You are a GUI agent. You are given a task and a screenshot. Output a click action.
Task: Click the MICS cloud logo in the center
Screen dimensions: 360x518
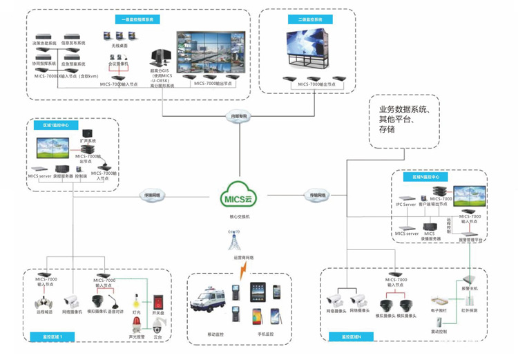coord(240,198)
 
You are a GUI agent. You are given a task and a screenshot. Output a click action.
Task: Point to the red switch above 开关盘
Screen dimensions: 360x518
coord(160,302)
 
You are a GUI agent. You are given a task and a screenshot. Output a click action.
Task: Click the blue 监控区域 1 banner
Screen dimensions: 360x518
coord(52,337)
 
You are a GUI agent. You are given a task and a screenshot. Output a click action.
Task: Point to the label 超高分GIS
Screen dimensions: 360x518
coord(160,70)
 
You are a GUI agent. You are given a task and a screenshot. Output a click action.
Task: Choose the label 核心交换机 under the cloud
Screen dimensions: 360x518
coord(239,216)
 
